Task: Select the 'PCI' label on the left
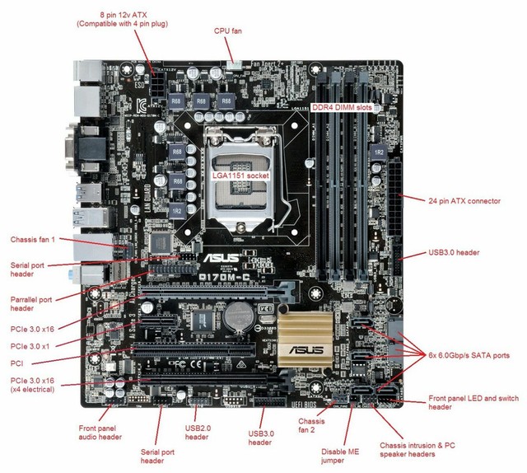[x=16, y=362]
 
